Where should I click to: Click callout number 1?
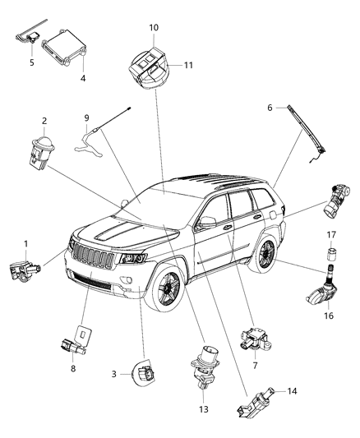[25, 243]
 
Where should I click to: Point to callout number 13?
[205, 408]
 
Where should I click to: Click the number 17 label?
[332, 234]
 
